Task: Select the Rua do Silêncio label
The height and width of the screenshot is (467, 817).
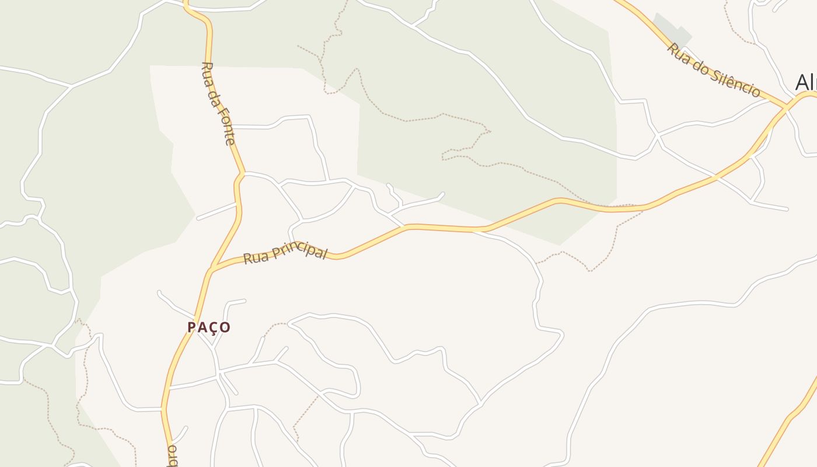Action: tap(714, 70)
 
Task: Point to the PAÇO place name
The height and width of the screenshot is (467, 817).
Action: tap(209, 327)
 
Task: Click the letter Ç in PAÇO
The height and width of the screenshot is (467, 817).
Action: tap(214, 327)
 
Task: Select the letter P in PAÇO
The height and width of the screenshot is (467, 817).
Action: tap(191, 327)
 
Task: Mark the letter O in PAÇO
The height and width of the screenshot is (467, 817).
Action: tap(226, 327)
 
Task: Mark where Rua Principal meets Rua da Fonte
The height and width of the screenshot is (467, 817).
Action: tap(211, 270)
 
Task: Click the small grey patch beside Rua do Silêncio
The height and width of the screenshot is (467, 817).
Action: tap(671, 29)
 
